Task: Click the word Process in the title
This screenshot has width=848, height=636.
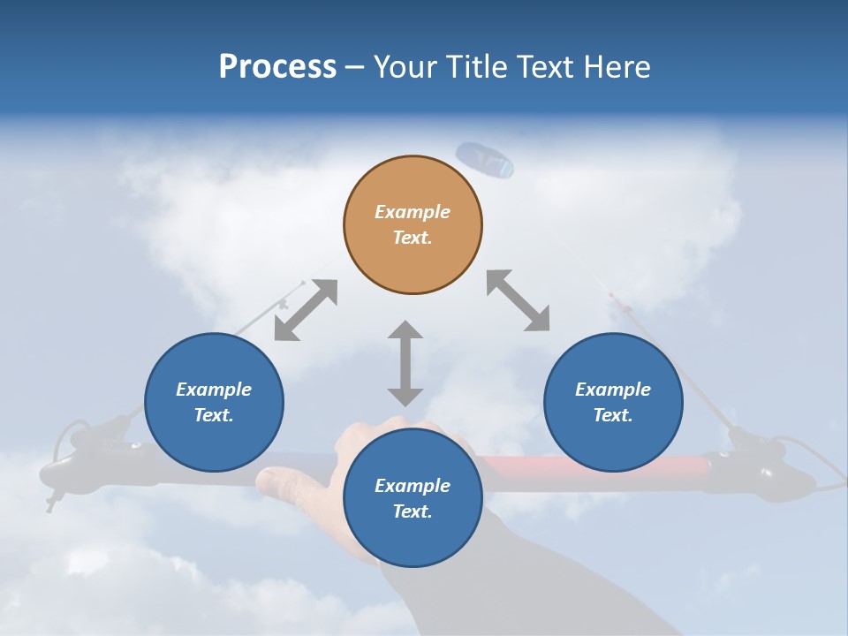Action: coord(277,67)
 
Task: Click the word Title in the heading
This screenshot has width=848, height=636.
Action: coord(476,67)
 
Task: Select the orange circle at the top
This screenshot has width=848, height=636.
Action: coord(413,224)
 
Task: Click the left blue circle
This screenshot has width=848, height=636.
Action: coord(214,402)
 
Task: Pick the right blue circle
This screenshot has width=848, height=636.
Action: coord(613,402)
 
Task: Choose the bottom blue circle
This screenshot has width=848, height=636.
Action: coord(413,498)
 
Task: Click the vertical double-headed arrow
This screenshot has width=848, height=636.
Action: coord(405,363)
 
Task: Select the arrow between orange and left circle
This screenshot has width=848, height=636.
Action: coord(306,310)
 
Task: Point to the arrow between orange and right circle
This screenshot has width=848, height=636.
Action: coord(519,300)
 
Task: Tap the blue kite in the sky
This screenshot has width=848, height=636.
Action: coord(485,159)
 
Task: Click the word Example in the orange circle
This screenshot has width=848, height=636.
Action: coord(413,212)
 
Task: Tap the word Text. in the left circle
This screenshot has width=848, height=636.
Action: coord(214,415)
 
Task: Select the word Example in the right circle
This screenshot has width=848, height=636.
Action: coord(613,390)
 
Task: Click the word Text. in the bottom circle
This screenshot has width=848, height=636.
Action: coord(413,511)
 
